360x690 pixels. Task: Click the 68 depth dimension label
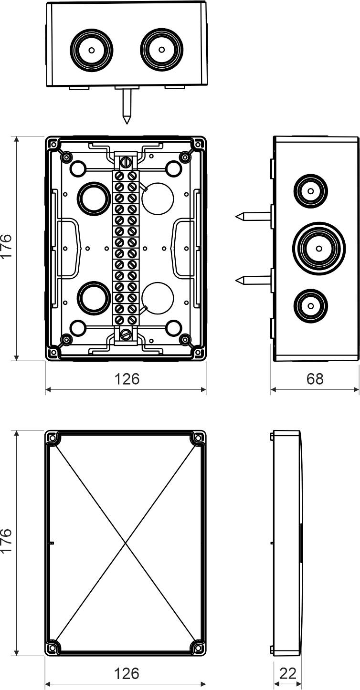point(315,378)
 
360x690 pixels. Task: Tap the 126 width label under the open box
point(127,378)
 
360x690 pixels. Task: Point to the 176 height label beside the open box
point(7,246)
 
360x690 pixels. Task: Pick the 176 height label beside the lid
point(7,541)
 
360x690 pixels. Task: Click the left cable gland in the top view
point(92,50)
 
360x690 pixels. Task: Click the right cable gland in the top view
point(161,50)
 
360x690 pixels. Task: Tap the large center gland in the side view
point(319,248)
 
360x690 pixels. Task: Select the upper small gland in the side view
point(311,191)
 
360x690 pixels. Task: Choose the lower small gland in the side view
point(311,306)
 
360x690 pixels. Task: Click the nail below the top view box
point(127,107)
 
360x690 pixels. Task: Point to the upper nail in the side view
point(253,217)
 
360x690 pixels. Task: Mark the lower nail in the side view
point(253,280)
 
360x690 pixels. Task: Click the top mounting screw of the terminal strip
point(126,161)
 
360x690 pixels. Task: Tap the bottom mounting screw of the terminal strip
point(125,334)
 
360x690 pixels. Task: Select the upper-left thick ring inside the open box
point(94,199)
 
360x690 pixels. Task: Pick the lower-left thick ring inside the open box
point(94,298)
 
